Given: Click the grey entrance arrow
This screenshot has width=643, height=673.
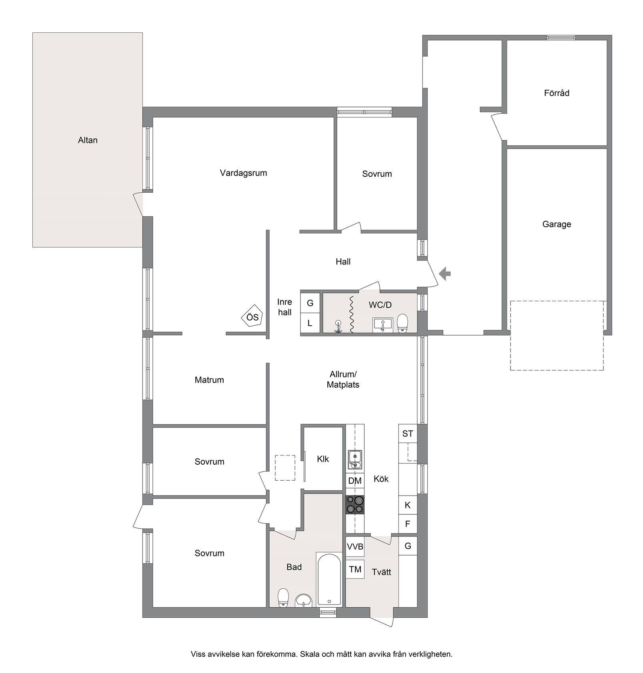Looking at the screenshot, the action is [445, 274].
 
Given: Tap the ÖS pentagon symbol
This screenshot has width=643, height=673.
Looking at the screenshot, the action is [252, 317].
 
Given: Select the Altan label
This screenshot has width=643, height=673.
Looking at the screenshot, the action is [88, 140].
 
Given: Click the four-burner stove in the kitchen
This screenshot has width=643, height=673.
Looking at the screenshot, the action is [355, 504].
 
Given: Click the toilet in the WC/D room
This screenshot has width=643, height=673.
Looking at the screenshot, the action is [403, 323].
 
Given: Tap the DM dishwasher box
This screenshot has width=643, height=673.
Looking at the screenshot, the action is [355, 481].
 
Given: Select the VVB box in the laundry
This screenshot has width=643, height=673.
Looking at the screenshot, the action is [355, 546].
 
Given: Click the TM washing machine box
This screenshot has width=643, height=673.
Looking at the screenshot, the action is [355, 569].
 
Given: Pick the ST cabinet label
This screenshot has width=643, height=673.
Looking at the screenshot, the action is [408, 433].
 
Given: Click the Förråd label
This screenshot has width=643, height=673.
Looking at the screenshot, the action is [557, 93].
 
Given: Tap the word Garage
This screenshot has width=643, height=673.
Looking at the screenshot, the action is [557, 224].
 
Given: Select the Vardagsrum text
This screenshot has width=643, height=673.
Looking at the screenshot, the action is [243, 173].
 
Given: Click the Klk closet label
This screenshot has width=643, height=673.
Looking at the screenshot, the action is [323, 459].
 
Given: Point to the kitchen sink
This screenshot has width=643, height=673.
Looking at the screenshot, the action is [355, 459].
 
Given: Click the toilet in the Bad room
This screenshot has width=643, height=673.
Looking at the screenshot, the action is [283, 598].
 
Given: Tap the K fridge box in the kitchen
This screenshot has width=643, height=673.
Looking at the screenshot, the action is [408, 505].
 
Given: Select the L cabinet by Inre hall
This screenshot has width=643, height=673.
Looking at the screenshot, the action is [310, 323].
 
